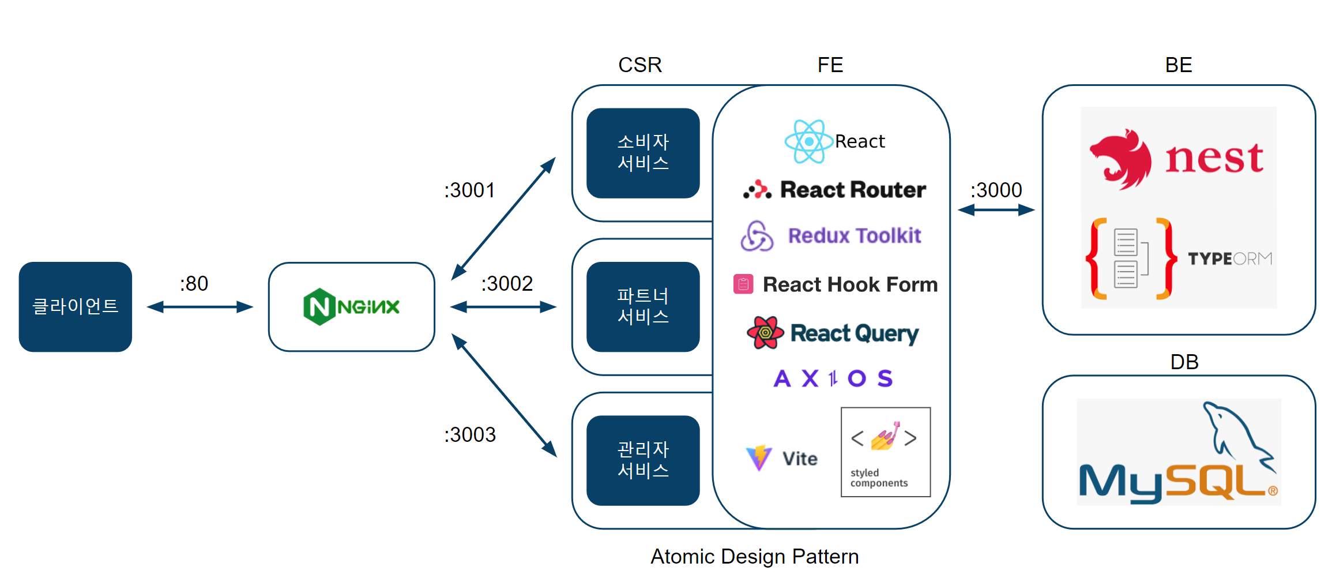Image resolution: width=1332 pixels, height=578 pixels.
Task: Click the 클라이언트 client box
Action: [76, 306]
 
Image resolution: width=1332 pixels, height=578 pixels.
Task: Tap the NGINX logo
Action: [351, 307]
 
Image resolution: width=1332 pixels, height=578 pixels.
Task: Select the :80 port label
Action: [194, 284]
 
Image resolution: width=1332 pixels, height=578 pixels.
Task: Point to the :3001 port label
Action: [469, 190]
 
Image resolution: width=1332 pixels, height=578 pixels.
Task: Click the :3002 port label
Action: [507, 284]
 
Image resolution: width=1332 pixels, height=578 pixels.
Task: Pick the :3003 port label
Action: [469, 435]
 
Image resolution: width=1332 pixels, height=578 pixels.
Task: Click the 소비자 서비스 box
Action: [643, 153]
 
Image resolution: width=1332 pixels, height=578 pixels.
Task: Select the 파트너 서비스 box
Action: [643, 306]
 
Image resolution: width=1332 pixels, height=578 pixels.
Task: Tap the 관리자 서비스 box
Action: [643, 460]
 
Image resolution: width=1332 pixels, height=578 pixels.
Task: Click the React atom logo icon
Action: [808, 141]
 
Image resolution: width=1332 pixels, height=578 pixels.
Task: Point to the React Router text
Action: [853, 190]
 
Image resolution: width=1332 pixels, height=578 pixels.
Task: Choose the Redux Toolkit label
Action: [854, 236]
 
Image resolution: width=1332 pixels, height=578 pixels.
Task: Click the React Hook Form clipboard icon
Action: [743, 284]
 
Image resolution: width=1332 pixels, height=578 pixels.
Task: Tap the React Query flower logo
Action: [765, 333]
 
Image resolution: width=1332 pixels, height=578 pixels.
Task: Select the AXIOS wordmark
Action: [833, 378]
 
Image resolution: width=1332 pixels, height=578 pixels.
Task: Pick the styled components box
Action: [886, 452]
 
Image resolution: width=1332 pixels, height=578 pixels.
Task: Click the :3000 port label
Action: [996, 190]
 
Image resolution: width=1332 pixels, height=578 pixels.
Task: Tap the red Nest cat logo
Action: [1121, 159]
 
